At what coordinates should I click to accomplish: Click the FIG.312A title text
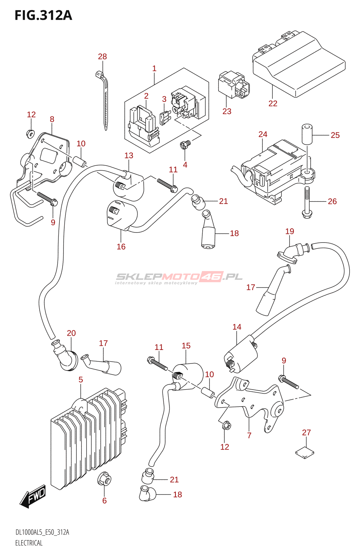click(x=43, y=15)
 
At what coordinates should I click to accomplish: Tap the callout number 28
click(x=102, y=57)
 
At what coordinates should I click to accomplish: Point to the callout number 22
click(x=273, y=103)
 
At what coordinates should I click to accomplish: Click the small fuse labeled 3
click(x=164, y=117)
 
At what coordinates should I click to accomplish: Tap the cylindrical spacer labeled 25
click(x=306, y=133)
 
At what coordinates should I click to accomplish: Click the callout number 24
click(x=263, y=134)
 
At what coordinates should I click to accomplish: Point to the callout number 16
click(x=121, y=247)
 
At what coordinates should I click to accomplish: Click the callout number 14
click(x=237, y=327)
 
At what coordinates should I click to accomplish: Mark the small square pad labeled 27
click(x=305, y=452)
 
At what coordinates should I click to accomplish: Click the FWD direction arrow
click(x=33, y=496)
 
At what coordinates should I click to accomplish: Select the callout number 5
click(x=81, y=379)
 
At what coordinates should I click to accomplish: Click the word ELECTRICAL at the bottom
click(x=29, y=543)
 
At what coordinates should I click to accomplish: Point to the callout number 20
click(x=71, y=333)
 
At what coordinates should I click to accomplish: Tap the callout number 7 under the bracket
click(x=249, y=435)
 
